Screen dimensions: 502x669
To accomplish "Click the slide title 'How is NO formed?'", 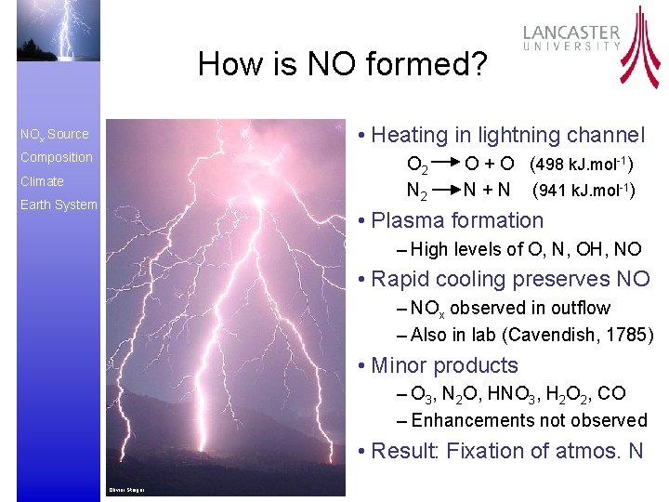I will click(x=342, y=64).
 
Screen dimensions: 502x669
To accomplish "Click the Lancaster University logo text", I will click(x=571, y=37).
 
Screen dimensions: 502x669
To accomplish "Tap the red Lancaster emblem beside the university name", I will click(x=640, y=46).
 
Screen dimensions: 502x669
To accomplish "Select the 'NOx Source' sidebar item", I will click(x=55, y=135).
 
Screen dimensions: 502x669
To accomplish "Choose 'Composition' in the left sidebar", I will click(x=57, y=158).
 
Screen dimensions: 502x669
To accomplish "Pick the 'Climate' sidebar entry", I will click(x=42, y=181).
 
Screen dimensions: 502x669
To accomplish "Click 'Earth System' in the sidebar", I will click(x=59, y=205).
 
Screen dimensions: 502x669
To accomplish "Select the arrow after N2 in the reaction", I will click(x=445, y=192).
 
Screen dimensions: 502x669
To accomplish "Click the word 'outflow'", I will click(x=581, y=309).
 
